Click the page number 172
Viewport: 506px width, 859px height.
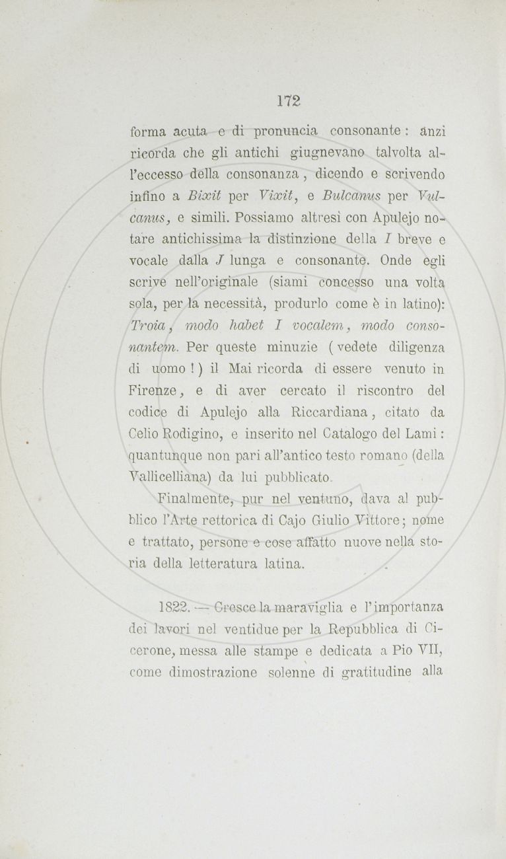pos(289,101)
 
